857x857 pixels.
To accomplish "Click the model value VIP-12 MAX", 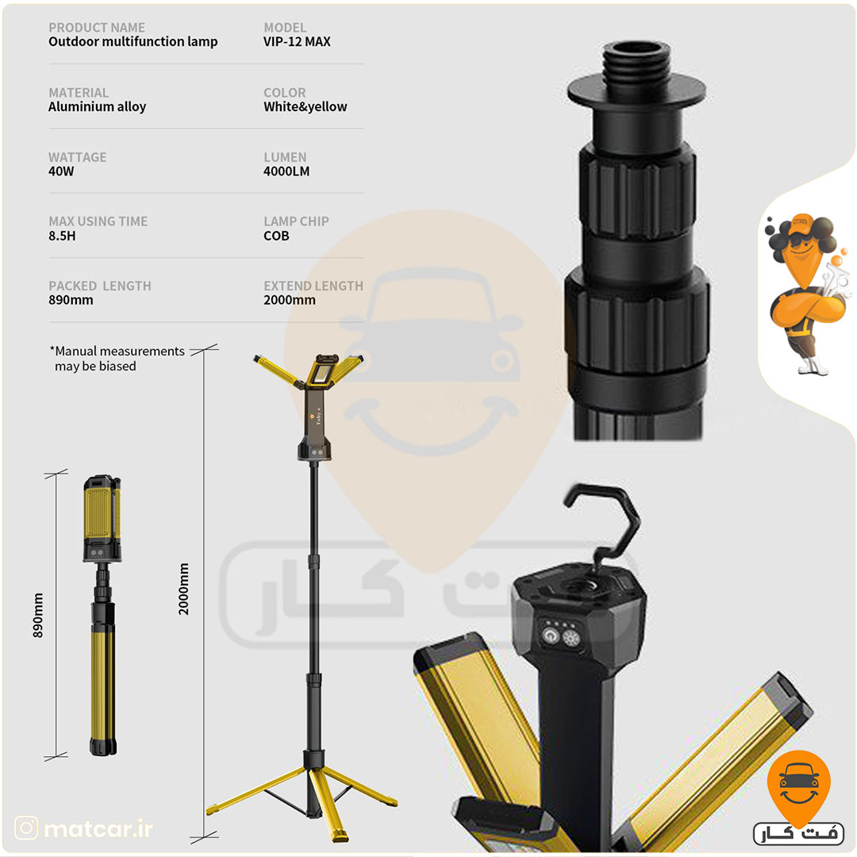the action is (x=297, y=41).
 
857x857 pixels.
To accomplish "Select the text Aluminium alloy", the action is (x=98, y=106).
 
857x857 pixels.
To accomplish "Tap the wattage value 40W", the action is (x=61, y=171).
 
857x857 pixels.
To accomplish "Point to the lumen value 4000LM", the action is (x=286, y=171).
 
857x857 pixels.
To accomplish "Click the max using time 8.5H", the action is (x=63, y=236).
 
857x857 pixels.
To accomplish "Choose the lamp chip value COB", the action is (x=277, y=236).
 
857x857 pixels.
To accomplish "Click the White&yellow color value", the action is (x=305, y=106).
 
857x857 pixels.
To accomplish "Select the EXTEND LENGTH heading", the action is (x=313, y=286).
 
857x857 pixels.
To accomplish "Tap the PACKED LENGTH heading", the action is (x=100, y=286).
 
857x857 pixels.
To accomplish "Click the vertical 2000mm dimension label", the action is (x=183, y=589).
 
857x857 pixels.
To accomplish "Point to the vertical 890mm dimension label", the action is (x=38, y=616).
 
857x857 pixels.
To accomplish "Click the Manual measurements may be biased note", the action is (x=117, y=359).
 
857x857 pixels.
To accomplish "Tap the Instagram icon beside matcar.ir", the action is (x=26, y=828).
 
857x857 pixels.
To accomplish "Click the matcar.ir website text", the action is (x=98, y=828).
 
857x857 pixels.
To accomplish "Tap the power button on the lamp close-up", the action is (x=549, y=636).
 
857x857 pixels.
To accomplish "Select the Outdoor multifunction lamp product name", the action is (x=133, y=41).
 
